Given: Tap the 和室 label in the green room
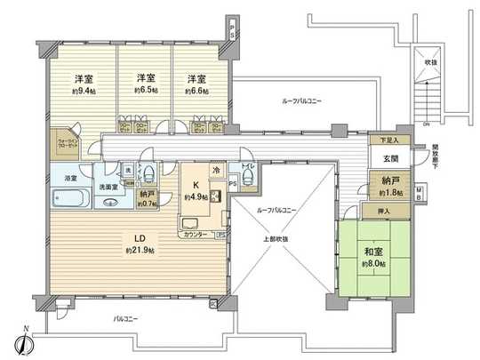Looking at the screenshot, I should (x=374, y=252).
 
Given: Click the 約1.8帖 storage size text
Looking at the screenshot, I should (x=391, y=192).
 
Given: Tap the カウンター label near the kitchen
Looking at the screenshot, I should (x=196, y=234).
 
